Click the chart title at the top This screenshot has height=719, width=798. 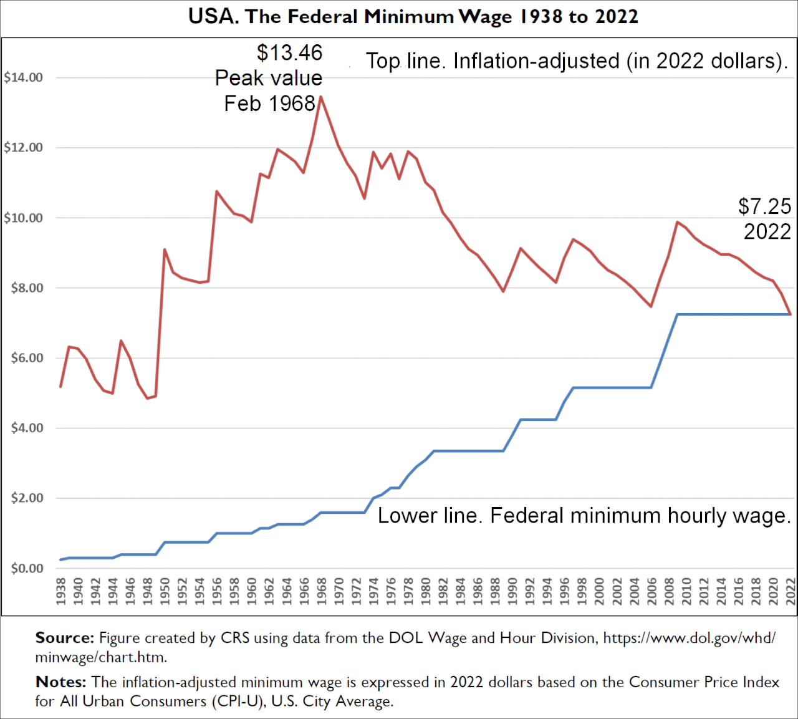pos(413,17)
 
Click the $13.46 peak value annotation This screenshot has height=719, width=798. pos(289,53)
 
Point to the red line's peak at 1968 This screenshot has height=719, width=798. pos(320,97)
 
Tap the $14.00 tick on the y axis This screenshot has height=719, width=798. pos(24,78)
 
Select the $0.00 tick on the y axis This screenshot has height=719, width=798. pos(27,569)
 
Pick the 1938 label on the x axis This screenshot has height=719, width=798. pos(60,591)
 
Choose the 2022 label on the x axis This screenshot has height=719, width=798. pos(791,591)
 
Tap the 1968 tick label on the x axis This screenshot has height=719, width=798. pos(321,591)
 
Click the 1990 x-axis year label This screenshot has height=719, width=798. pos(512,591)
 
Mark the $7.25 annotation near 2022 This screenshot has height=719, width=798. pos(764,206)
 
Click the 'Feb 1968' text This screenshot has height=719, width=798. pos(269,104)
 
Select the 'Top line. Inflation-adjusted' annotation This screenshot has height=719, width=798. pos(576,61)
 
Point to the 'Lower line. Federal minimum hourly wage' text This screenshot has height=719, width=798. pos(584,516)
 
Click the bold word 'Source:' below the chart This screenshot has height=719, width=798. pos(64,638)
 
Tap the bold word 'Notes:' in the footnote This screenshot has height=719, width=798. pos(60,682)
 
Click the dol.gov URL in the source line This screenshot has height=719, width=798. pos(689,638)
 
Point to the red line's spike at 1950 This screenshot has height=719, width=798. pos(165,250)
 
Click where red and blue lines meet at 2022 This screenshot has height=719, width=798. pos(791,314)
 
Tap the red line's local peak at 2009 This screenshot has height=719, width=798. pos(677,222)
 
